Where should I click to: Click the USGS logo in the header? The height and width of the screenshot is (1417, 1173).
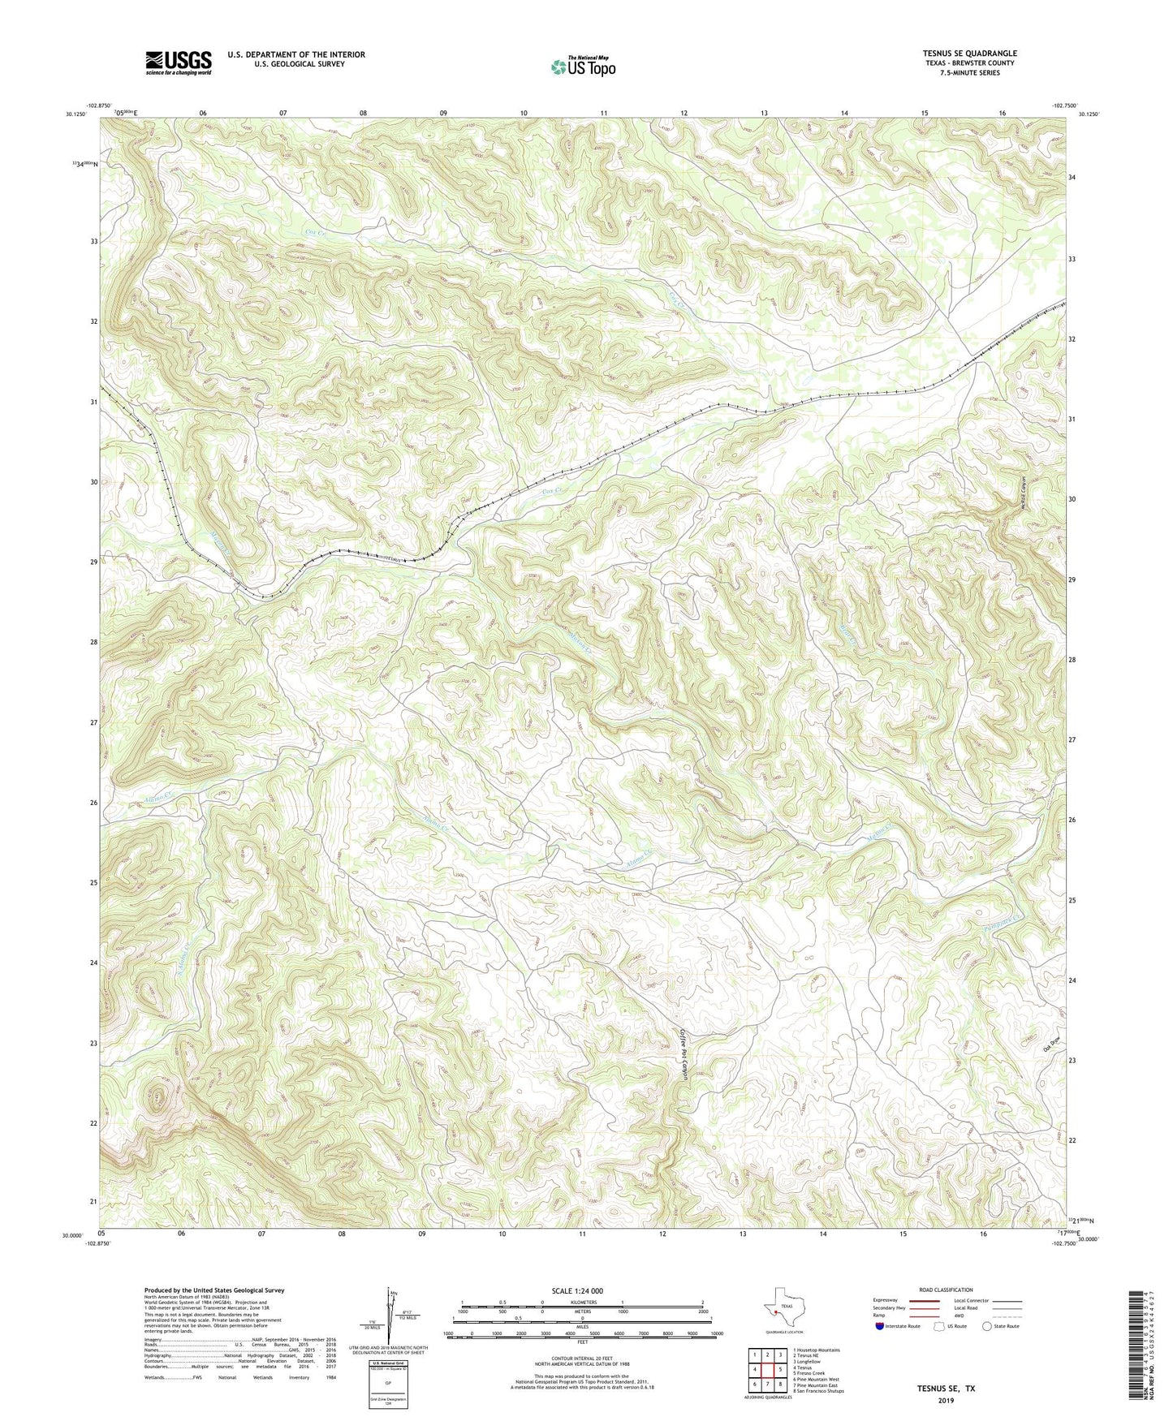click(179, 62)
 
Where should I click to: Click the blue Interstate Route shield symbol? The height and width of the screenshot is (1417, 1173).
click(880, 1326)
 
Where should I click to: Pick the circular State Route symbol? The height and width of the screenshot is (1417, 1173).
click(987, 1326)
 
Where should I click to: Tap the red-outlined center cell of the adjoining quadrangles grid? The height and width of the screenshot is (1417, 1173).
click(767, 1369)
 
